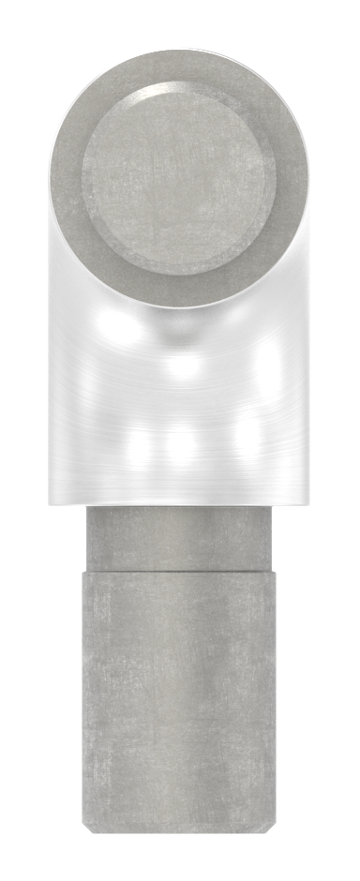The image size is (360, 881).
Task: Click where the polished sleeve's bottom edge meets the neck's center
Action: click(x=179, y=507)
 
